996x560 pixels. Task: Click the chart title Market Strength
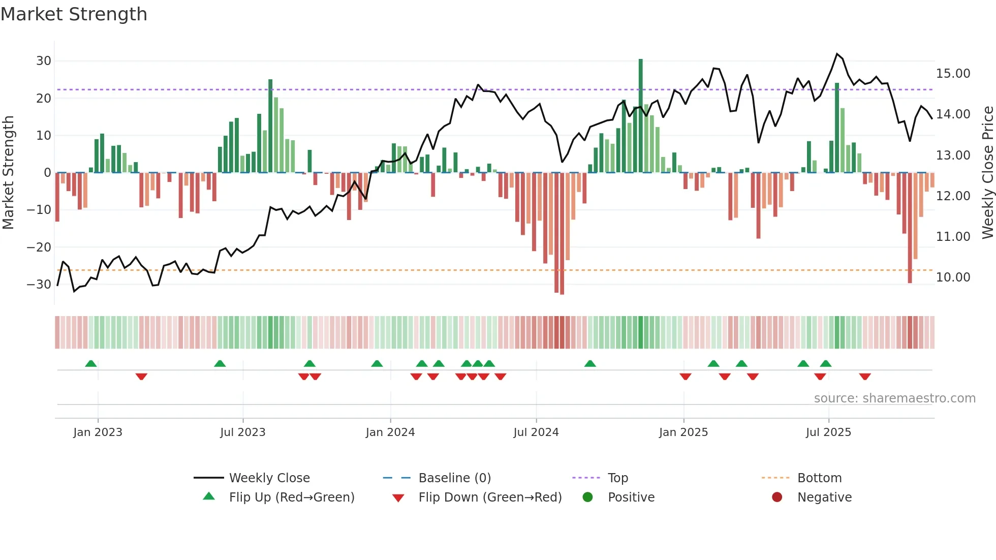[74, 14]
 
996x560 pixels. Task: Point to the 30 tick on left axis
[44, 61]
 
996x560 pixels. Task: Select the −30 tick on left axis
[40, 285]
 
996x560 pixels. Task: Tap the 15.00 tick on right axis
[953, 74]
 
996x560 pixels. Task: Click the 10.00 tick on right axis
[953, 277]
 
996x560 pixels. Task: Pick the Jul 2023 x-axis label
[242, 432]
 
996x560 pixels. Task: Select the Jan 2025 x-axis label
[683, 432]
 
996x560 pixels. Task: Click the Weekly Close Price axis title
[987, 173]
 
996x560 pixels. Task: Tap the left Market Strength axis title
[8, 173]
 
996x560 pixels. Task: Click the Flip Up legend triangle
[209, 496]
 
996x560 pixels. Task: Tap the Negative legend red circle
[776, 497]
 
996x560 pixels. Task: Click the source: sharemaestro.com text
[894, 398]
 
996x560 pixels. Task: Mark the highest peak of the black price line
[837, 54]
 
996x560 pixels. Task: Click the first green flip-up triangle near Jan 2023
[91, 364]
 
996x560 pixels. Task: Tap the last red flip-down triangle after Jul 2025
[865, 377]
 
